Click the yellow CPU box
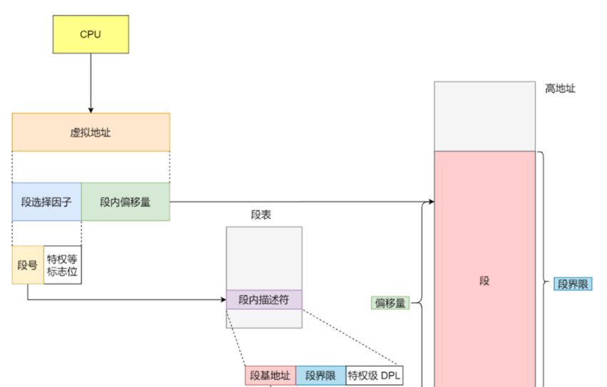(x=91, y=34)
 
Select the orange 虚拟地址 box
(x=91, y=132)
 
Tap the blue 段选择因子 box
(x=46, y=201)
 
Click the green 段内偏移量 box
(x=126, y=201)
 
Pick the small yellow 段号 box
(x=28, y=265)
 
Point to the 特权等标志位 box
(x=62, y=265)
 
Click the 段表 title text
(x=261, y=214)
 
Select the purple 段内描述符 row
(x=264, y=300)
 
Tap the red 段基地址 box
(x=270, y=376)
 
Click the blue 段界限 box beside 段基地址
(x=320, y=376)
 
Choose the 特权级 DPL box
(x=373, y=376)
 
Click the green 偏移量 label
(x=390, y=303)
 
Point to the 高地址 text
(x=560, y=89)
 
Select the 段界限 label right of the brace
(x=573, y=284)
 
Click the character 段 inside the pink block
(x=484, y=281)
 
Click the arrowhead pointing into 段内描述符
(x=223, y=299)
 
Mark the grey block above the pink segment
(x=484, y=116)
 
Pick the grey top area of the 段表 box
(x=264, y=258)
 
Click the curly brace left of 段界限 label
(x=544, y=284)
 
